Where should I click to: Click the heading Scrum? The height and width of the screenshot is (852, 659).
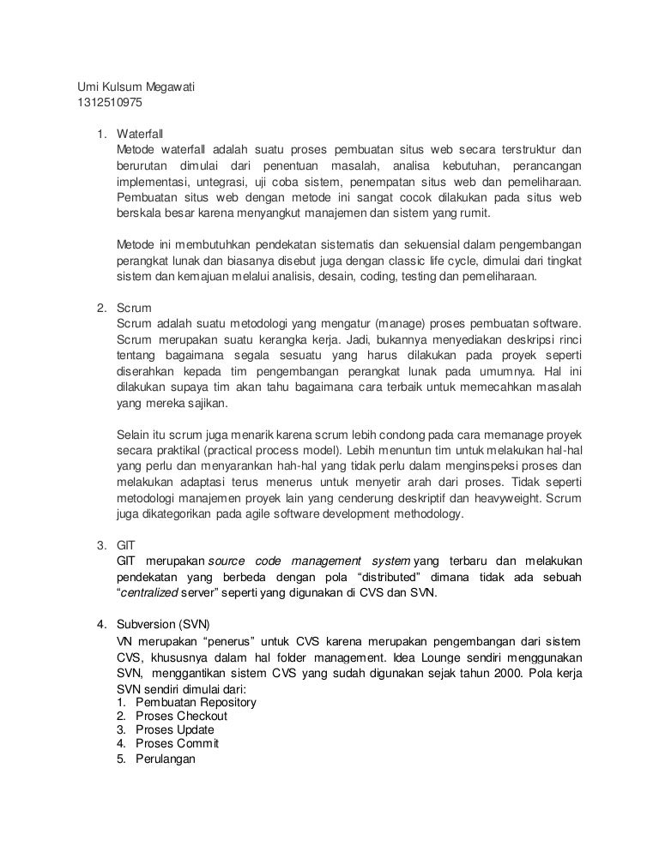coord(134,306)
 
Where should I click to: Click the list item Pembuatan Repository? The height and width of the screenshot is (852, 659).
coord(196,702)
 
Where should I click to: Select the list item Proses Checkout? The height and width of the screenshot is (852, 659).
coord(181,716)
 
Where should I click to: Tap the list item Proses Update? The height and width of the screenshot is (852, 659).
coord(175,729)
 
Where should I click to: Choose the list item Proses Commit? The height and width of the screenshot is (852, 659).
coord(178,743)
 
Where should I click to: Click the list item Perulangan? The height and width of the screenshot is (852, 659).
coord(166,758)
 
